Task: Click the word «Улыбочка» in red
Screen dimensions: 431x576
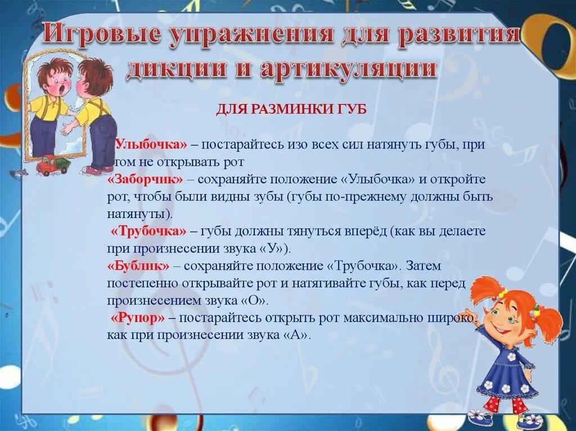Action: tap(151, 145)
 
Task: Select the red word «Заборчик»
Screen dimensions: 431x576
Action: tap(146, 179)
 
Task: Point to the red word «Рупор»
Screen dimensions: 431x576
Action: tap(138, 317)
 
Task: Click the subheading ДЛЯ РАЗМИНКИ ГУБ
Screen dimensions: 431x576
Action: tap(291, 110)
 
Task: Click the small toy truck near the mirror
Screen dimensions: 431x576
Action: tap(52, 165)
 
